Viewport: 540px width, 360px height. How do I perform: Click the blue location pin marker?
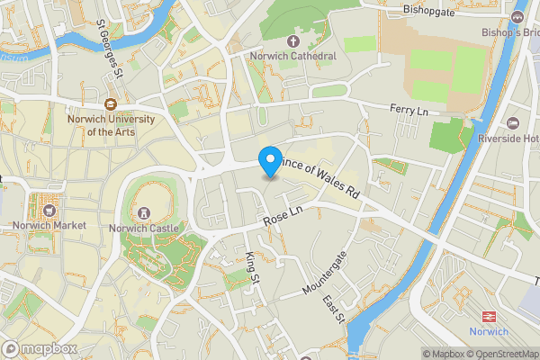coord(269,161)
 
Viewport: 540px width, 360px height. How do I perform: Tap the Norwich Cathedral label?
coord(293,57)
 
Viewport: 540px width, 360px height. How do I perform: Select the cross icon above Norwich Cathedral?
coord(293,41)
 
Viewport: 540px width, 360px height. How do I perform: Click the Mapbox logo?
coord(38,348)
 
